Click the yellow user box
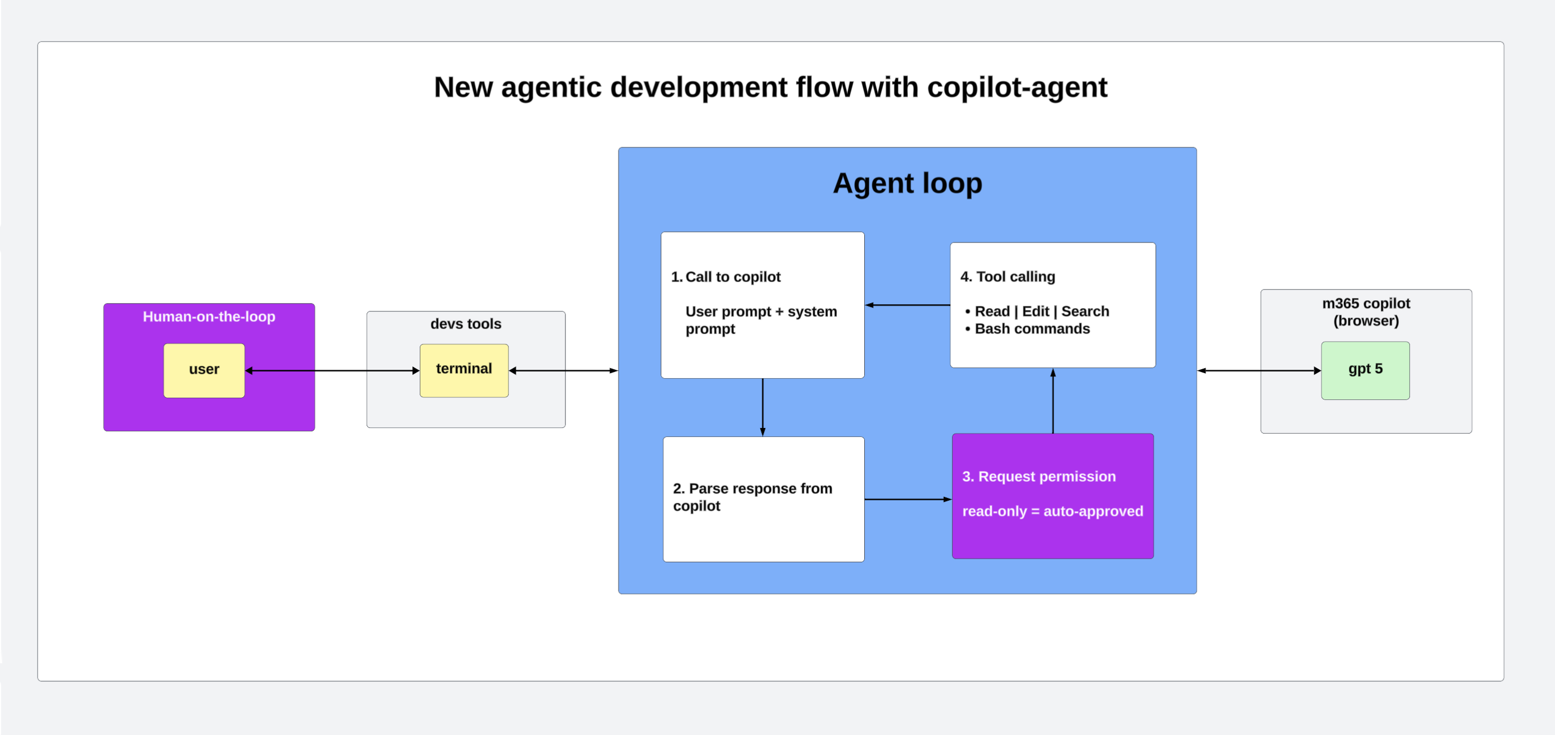tap(204, 370)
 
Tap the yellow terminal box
tap(463, 370)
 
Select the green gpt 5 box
tap(1365, 370)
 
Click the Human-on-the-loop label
tap(209, 317)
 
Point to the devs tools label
tap(465, 324)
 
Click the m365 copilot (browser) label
tap(1365, 311)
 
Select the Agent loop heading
tap(907, 183)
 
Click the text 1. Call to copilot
tap(726, 277)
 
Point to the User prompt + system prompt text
tap(761, 320)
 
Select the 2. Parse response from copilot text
tap(752, 496)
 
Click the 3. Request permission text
tap(1038, 477)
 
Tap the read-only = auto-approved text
tap(1052, 511)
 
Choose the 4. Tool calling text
tap(1008, 277)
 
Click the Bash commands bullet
tap(1032, 328)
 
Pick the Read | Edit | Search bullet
tap(1041, 311)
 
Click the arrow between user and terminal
tap(332, 370)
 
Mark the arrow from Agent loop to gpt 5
tap(1258, 370)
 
